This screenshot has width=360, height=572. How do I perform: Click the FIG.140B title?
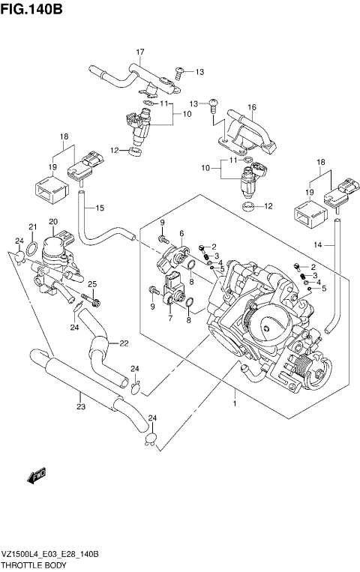31,10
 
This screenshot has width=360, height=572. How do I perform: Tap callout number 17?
139,51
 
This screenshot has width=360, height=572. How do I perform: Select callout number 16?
252,107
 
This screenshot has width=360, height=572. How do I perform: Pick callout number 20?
52,221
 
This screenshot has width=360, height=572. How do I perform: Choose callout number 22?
124,343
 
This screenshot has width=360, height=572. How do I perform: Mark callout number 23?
79,407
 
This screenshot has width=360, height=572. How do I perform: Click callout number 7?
170,319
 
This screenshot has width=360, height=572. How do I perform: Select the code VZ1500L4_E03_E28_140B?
51,553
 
